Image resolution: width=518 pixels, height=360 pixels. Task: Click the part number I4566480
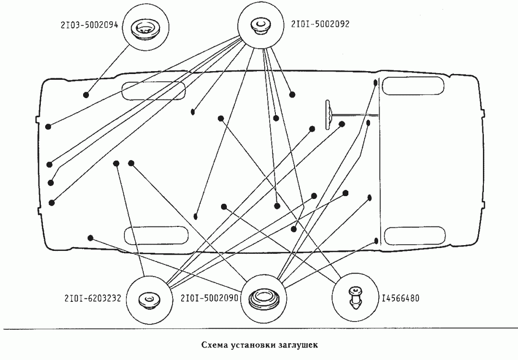pos(400,298)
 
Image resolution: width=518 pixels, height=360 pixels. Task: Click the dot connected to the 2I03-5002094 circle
pos(86,95)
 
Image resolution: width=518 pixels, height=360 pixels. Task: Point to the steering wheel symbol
pos(328,114)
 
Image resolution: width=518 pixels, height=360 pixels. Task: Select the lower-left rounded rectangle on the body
pos(156,235)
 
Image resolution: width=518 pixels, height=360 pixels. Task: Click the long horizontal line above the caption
pos(259,328)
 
